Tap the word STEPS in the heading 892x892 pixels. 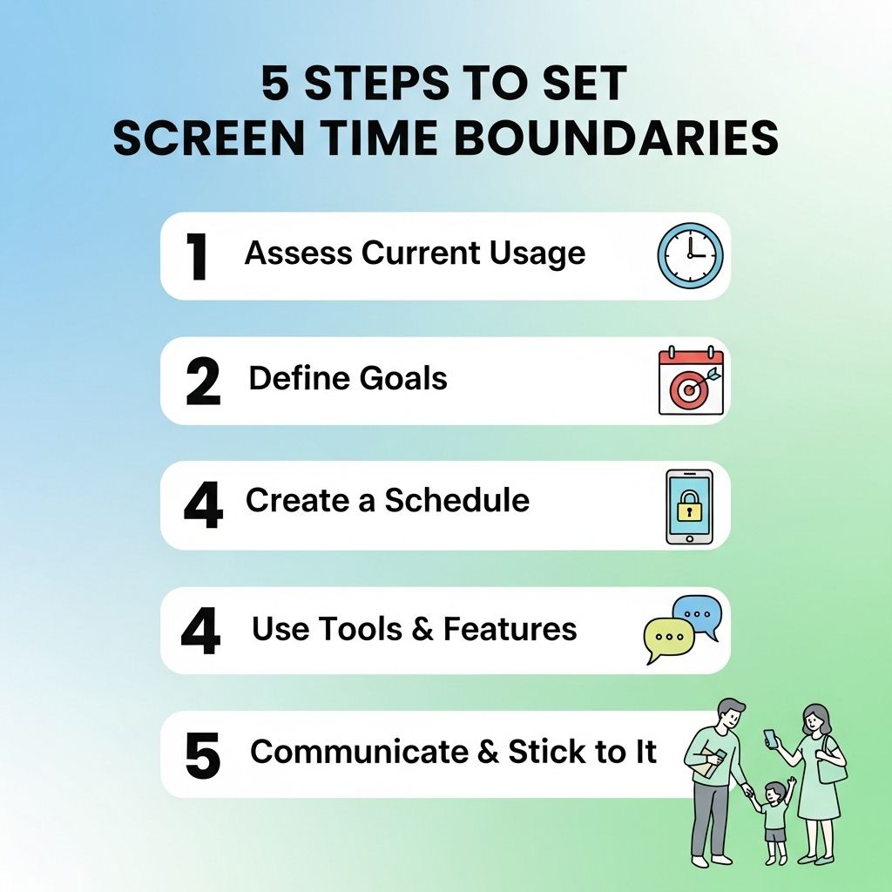376,83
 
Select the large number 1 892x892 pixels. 198,257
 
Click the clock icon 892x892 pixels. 690,255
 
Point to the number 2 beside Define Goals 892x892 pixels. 203,382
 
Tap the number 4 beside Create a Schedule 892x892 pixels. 203,504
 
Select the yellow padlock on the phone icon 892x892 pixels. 689,505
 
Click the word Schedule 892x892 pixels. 456,500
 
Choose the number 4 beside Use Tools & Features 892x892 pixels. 201,631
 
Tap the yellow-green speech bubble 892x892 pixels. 669,639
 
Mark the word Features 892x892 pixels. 510,629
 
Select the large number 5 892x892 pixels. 202,756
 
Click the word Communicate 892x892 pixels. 359,752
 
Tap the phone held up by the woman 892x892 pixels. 770,739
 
